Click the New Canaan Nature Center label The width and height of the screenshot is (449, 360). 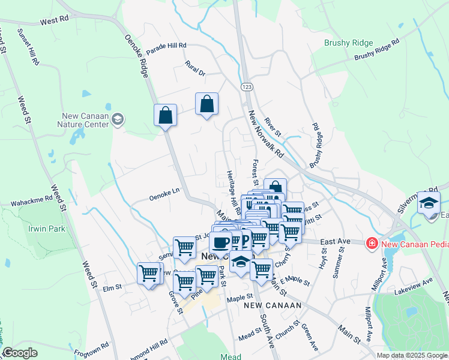click(x=86, y=121)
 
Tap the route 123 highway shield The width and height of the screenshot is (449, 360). click(x=247, y=87)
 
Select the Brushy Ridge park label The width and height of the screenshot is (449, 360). click(x=349, y=43)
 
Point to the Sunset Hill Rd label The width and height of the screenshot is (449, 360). click(x=29, y=46)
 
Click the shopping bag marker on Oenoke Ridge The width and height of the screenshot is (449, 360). click(x=165, y=115)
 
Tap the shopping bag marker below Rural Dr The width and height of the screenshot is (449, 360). click(x=206, y=104)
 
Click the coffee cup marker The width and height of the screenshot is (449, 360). click(x=220, y=242)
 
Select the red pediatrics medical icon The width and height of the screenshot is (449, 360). click(x=372, y=242)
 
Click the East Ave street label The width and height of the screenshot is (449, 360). click(x=335, y=241)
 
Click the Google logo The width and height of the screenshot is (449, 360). click(x=20, y=353)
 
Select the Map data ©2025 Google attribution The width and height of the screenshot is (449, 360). click(x=411, y=355)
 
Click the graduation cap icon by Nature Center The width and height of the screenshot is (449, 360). click(x=117, y=120)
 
